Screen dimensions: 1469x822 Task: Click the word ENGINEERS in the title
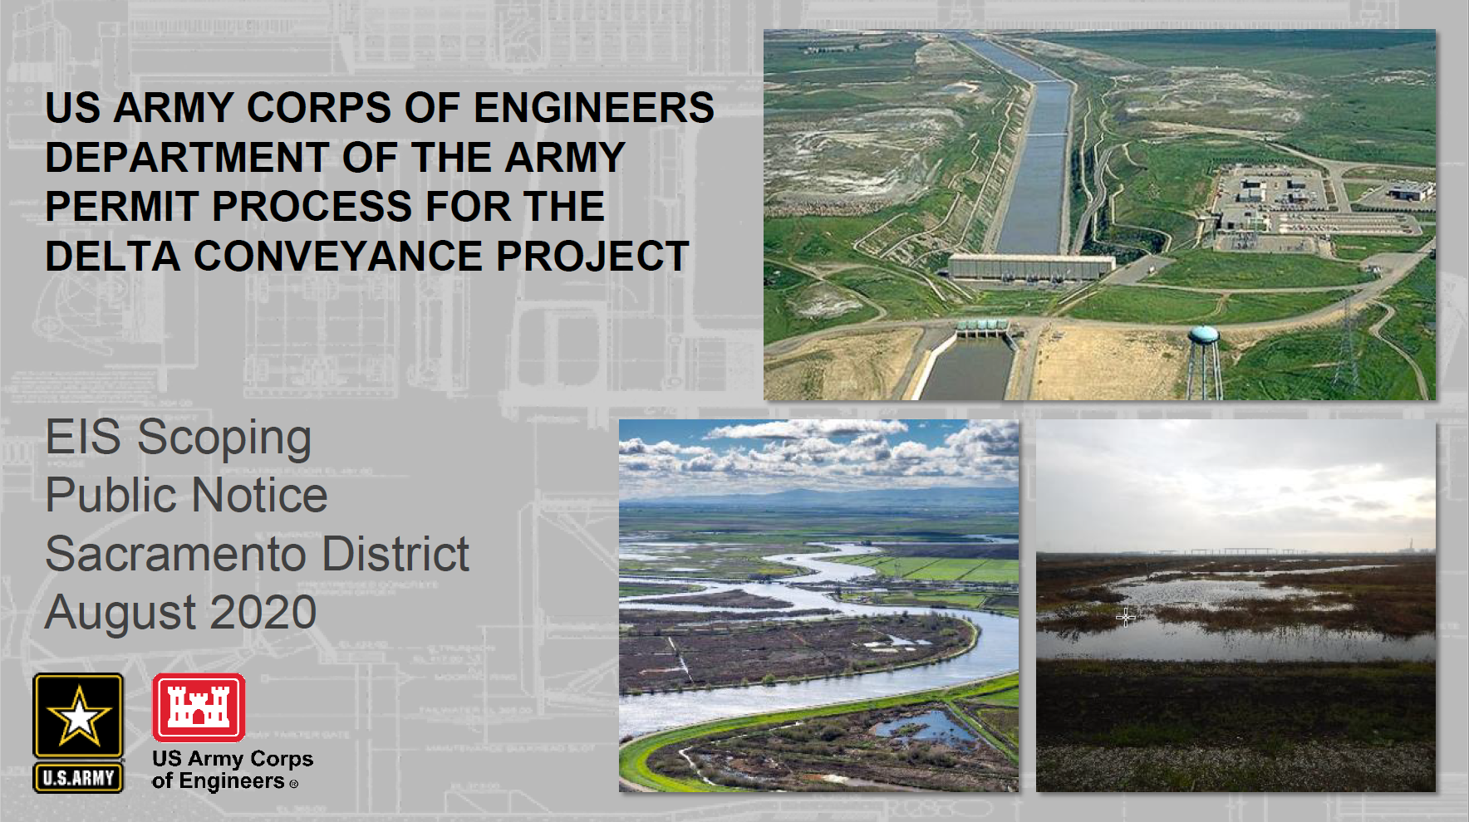(593, 108)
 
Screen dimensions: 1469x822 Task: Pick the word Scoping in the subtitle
(224, 438)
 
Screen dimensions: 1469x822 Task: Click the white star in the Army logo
(78, 715)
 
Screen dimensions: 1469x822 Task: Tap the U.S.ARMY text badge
(78, 778)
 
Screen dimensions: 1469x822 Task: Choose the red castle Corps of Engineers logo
(199, 707)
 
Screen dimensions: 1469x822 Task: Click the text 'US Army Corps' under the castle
(233, 759)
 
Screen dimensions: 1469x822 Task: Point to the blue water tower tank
(1203, 335)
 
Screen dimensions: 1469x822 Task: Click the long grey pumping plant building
(1030, 267)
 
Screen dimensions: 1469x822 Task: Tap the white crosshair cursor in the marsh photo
(1126, 617)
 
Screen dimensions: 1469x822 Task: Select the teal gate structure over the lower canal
(983, 328)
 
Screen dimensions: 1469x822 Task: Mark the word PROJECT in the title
(592, 256)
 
